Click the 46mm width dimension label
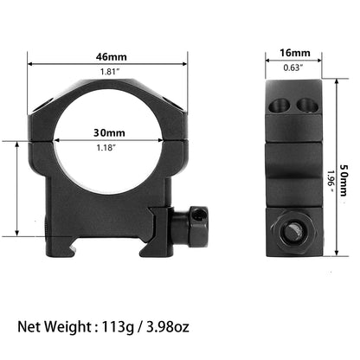(112, 57)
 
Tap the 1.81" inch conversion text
(110, 72)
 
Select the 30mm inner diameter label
(109, 132)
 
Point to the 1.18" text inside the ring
(106, 148)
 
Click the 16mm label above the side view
(295, 53)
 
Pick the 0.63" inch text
(293, 67)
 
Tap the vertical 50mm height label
(344, 181)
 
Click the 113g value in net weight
(118, 327)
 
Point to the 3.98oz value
(168, 327)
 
